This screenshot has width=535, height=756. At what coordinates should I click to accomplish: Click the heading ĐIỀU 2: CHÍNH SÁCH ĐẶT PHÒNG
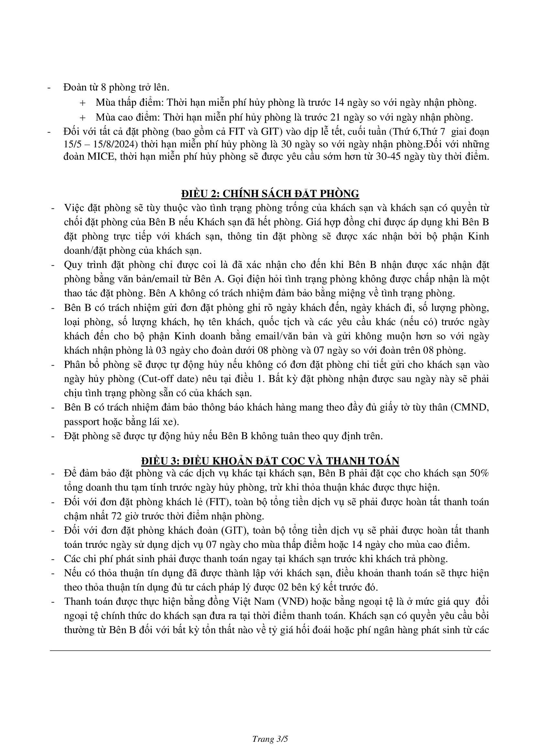coord(270,194)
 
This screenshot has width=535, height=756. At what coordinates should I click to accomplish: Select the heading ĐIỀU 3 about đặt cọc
coord(270,460)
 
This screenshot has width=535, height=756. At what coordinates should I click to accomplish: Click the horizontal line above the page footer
coord(270,650)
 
